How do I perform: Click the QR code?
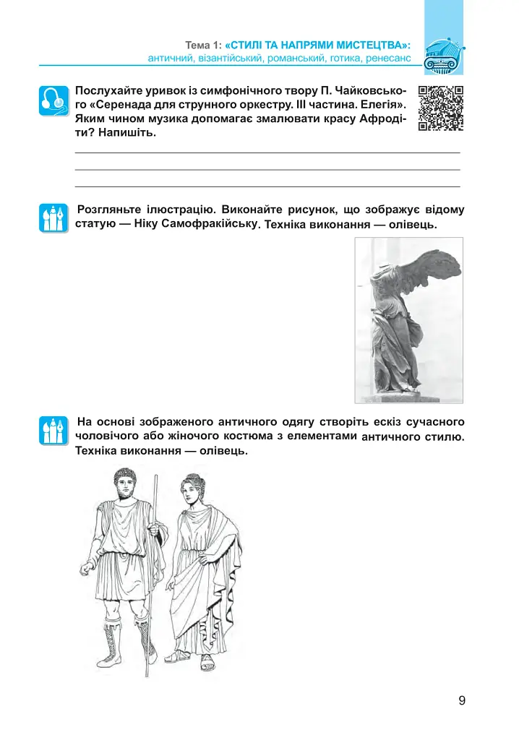click(x=441, y=108)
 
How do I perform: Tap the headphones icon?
click(x=53, y=101)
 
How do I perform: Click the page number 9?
click(x=462, y=700)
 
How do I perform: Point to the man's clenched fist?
click(x=86, y=569)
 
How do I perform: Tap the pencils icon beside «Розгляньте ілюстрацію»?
click(x=53, y=218)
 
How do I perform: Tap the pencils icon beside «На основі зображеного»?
click(x=53, y=431)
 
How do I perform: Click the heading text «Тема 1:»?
click(x=204, y=46)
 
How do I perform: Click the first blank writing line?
click(x=267, y=152)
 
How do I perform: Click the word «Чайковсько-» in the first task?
click(x=372, y=90)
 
